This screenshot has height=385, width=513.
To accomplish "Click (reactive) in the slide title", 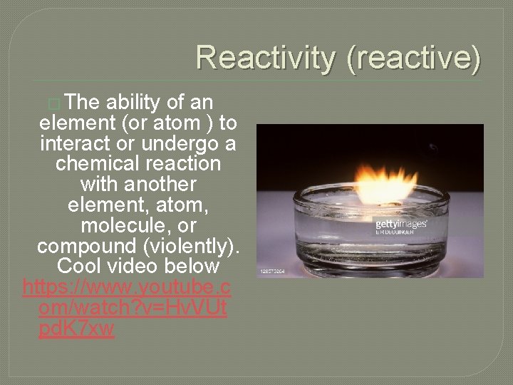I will (x=414, y=58).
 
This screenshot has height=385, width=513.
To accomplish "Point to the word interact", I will (x=78, y=143).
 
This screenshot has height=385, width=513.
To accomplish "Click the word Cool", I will (x=80, y=267).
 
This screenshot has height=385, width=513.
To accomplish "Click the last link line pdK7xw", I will (x=78, y=329).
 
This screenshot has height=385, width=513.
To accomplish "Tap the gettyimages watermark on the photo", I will (x=401, y=225).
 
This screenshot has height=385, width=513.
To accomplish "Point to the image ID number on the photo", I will (x=273, y=272).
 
